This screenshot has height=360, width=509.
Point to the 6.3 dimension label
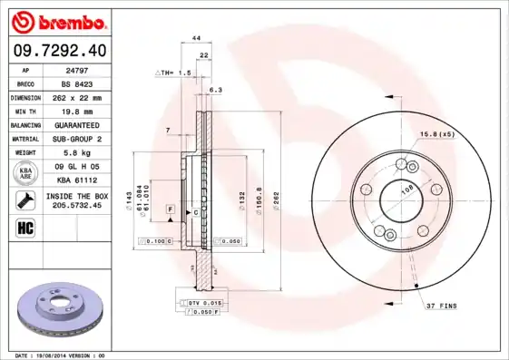(215, 91)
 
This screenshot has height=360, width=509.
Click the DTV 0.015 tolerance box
(205, 301)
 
